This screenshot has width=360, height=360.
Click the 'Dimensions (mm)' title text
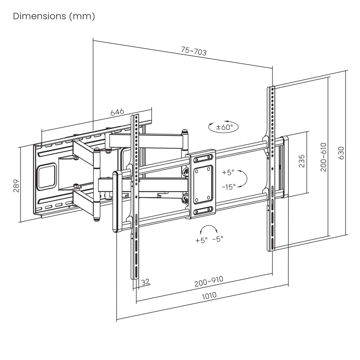pos(54,16)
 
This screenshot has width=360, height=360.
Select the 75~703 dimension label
pos(194,51)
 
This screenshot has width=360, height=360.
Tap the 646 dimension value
pos(117,112)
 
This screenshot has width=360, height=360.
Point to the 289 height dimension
pos(16,186)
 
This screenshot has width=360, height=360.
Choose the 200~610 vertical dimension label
pos(323,157)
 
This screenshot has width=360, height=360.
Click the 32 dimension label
pos(146,282)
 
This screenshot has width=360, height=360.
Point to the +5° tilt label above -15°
pos(228,172)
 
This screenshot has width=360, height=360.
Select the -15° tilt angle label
pos(228,187)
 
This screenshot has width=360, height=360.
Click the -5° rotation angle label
pos(218,239)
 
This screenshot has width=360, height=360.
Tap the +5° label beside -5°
pos(201,240)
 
